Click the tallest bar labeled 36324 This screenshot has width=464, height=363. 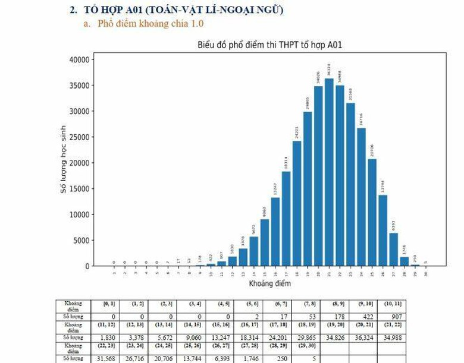pos(329,172)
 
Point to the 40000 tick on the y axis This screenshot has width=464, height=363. pos(77,59)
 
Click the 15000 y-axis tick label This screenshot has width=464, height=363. pos(77,189)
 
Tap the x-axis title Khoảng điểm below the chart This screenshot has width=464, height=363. pos(269,285)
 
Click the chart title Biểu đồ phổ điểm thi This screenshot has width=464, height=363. pos(269,45)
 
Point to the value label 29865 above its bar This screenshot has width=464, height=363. pos(308,103)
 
